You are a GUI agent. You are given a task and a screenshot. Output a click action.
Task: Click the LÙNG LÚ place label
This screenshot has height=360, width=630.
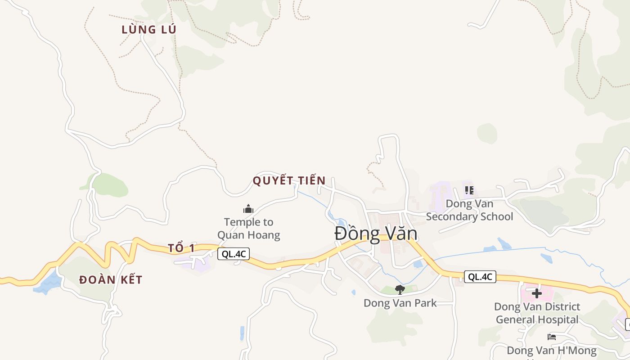coord(148,30)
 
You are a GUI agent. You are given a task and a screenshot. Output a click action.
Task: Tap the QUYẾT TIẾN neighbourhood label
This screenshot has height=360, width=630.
coord(289,180)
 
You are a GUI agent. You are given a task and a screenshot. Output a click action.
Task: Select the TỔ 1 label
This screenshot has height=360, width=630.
coord(181,248)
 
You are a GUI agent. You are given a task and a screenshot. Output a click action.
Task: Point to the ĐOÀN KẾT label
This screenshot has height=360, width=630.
coord(111,280)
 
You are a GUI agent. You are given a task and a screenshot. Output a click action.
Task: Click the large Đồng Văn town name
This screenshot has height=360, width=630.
coord(376,234)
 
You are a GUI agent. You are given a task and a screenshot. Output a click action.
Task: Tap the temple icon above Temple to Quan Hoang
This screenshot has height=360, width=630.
coord(248,209)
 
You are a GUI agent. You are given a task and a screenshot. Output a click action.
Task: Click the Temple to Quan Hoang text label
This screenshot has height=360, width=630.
coord(248,228)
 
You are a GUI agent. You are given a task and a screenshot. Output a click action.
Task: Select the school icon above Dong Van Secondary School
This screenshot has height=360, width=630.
coord(469,190)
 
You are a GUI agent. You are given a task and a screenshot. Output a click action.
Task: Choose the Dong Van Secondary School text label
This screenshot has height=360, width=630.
coord(469,210)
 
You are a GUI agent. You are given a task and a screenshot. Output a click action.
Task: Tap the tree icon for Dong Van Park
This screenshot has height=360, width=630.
coord(400,289)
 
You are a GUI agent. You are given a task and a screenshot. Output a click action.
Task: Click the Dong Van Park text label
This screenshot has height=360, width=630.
coord(400,303)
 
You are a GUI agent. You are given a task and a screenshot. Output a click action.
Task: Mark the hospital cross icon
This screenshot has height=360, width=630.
coord(536,293)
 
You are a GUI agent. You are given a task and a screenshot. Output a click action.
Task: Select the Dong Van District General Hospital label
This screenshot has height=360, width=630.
coord(537,313)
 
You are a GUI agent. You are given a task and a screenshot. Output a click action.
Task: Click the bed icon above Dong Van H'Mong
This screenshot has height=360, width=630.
coord(552,337)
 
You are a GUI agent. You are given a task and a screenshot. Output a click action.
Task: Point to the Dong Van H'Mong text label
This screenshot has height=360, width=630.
coord(552,351)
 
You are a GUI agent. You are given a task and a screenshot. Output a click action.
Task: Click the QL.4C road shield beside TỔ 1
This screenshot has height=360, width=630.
coord(234,254)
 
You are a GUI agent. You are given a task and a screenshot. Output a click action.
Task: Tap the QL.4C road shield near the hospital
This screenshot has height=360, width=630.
coord(480,277)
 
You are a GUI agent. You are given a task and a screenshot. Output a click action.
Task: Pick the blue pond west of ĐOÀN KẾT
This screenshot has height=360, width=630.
coord(47,283)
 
